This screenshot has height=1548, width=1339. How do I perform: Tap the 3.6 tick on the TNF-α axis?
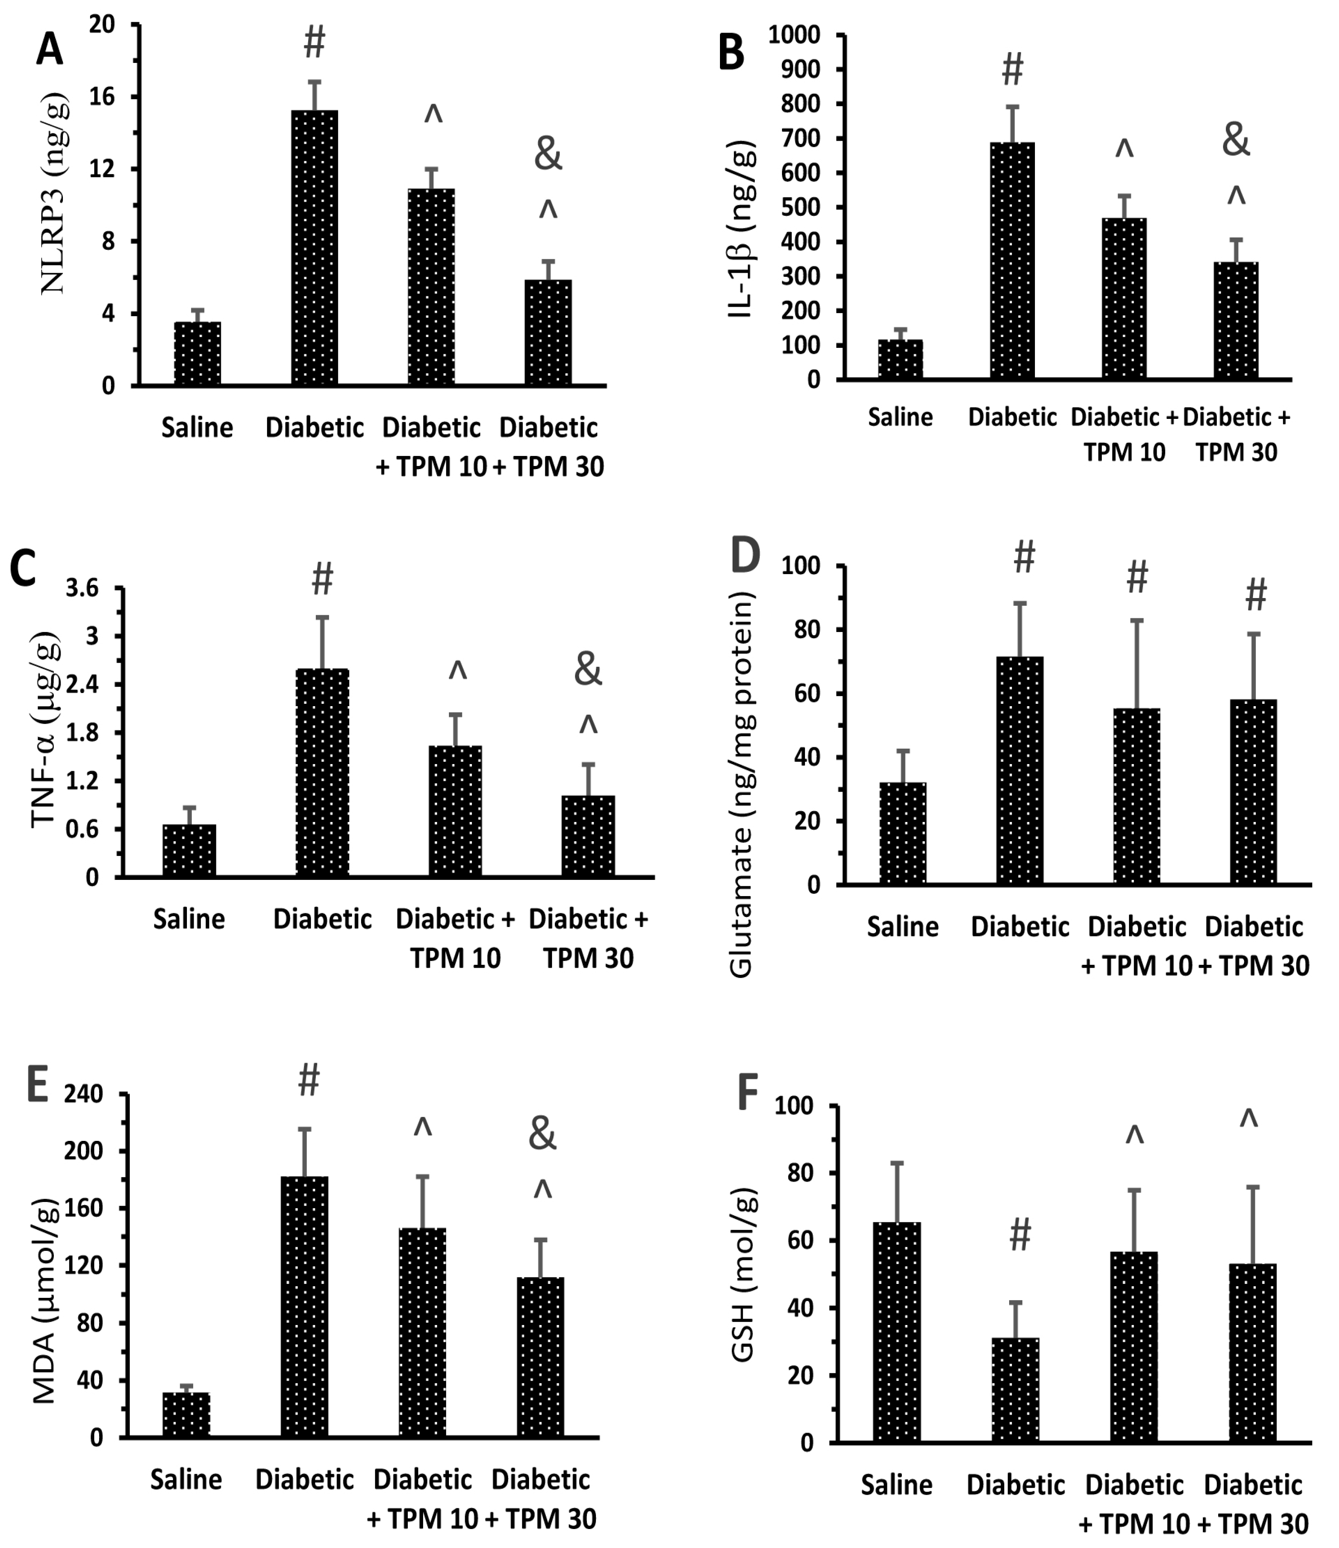[x=82, y=589]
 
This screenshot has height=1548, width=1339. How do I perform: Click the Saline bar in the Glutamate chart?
[x=903, y=834]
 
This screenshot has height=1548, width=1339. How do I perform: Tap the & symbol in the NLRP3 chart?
[x=548, y=155]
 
